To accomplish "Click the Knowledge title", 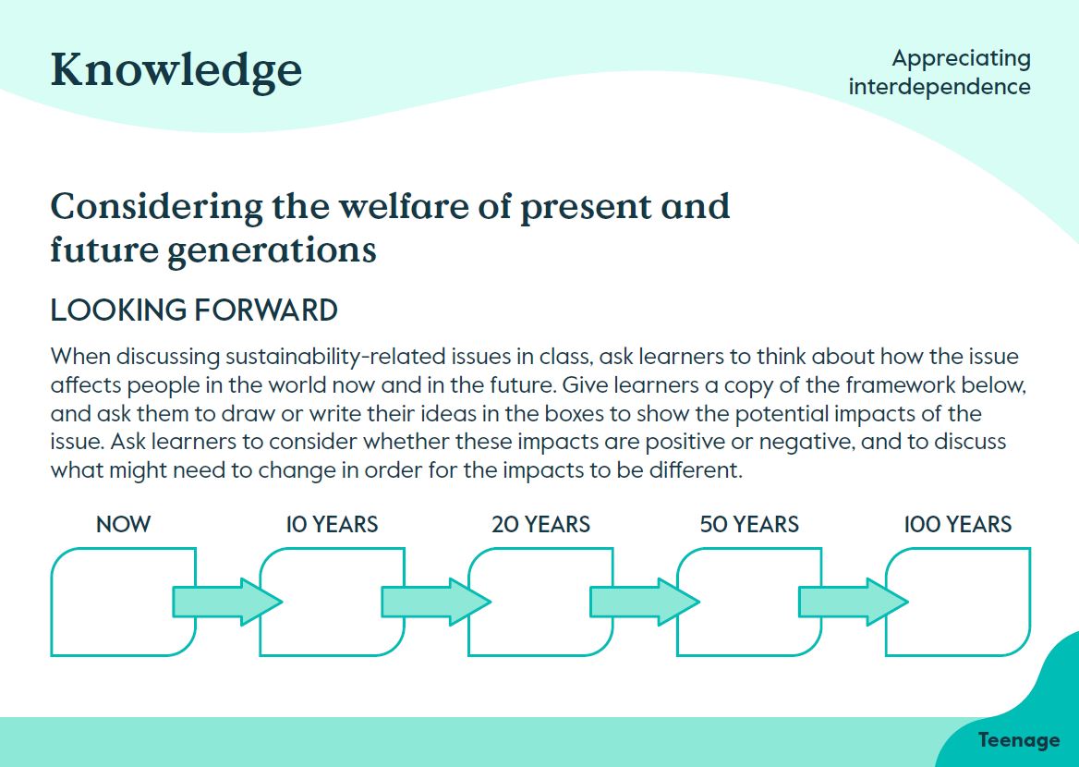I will coord(176,70).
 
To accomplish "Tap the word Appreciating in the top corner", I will coord(961,58).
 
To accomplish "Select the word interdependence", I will coord(940,87).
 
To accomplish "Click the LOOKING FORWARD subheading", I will coord(194,310).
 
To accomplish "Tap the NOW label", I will coord(123,525).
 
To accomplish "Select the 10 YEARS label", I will coord(332,525).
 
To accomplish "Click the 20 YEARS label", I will coord(540,525).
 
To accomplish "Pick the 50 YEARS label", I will coord(749,525).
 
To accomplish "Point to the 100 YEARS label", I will coord(958,525).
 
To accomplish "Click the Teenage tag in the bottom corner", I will coord(1018,740).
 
